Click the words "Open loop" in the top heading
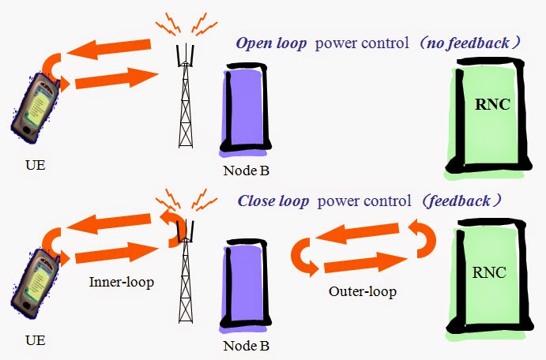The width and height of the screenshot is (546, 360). (x=271, y=43)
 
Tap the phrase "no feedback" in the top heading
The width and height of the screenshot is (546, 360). (x=468, y=43)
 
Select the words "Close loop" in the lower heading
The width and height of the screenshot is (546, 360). (x=273, y=201)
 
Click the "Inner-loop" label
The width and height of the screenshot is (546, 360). (x=122, y=282)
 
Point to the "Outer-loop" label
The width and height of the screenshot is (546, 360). (x=363, y=291)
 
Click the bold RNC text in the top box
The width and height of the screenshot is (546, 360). (x=492, y=104)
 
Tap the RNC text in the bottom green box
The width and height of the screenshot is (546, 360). (x=489, y=272)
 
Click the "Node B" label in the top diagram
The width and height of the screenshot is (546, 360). (x=247, y=171)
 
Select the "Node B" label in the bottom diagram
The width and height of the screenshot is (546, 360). (x=247, y=346)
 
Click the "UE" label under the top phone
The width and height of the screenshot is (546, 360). (x=36, y=165)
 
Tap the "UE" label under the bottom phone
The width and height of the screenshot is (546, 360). (x=36, y=340)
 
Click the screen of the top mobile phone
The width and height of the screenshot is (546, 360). (x=40, y=105)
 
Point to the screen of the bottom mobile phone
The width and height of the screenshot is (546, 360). (x=40, y=280)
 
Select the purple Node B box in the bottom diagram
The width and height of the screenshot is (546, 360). (x=246, y=284)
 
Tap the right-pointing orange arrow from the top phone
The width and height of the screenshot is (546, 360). (x=117, y=78)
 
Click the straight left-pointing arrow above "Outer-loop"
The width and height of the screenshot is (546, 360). (x=357, y=232)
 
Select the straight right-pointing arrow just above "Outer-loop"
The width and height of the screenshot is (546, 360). (x=366, y=262)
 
